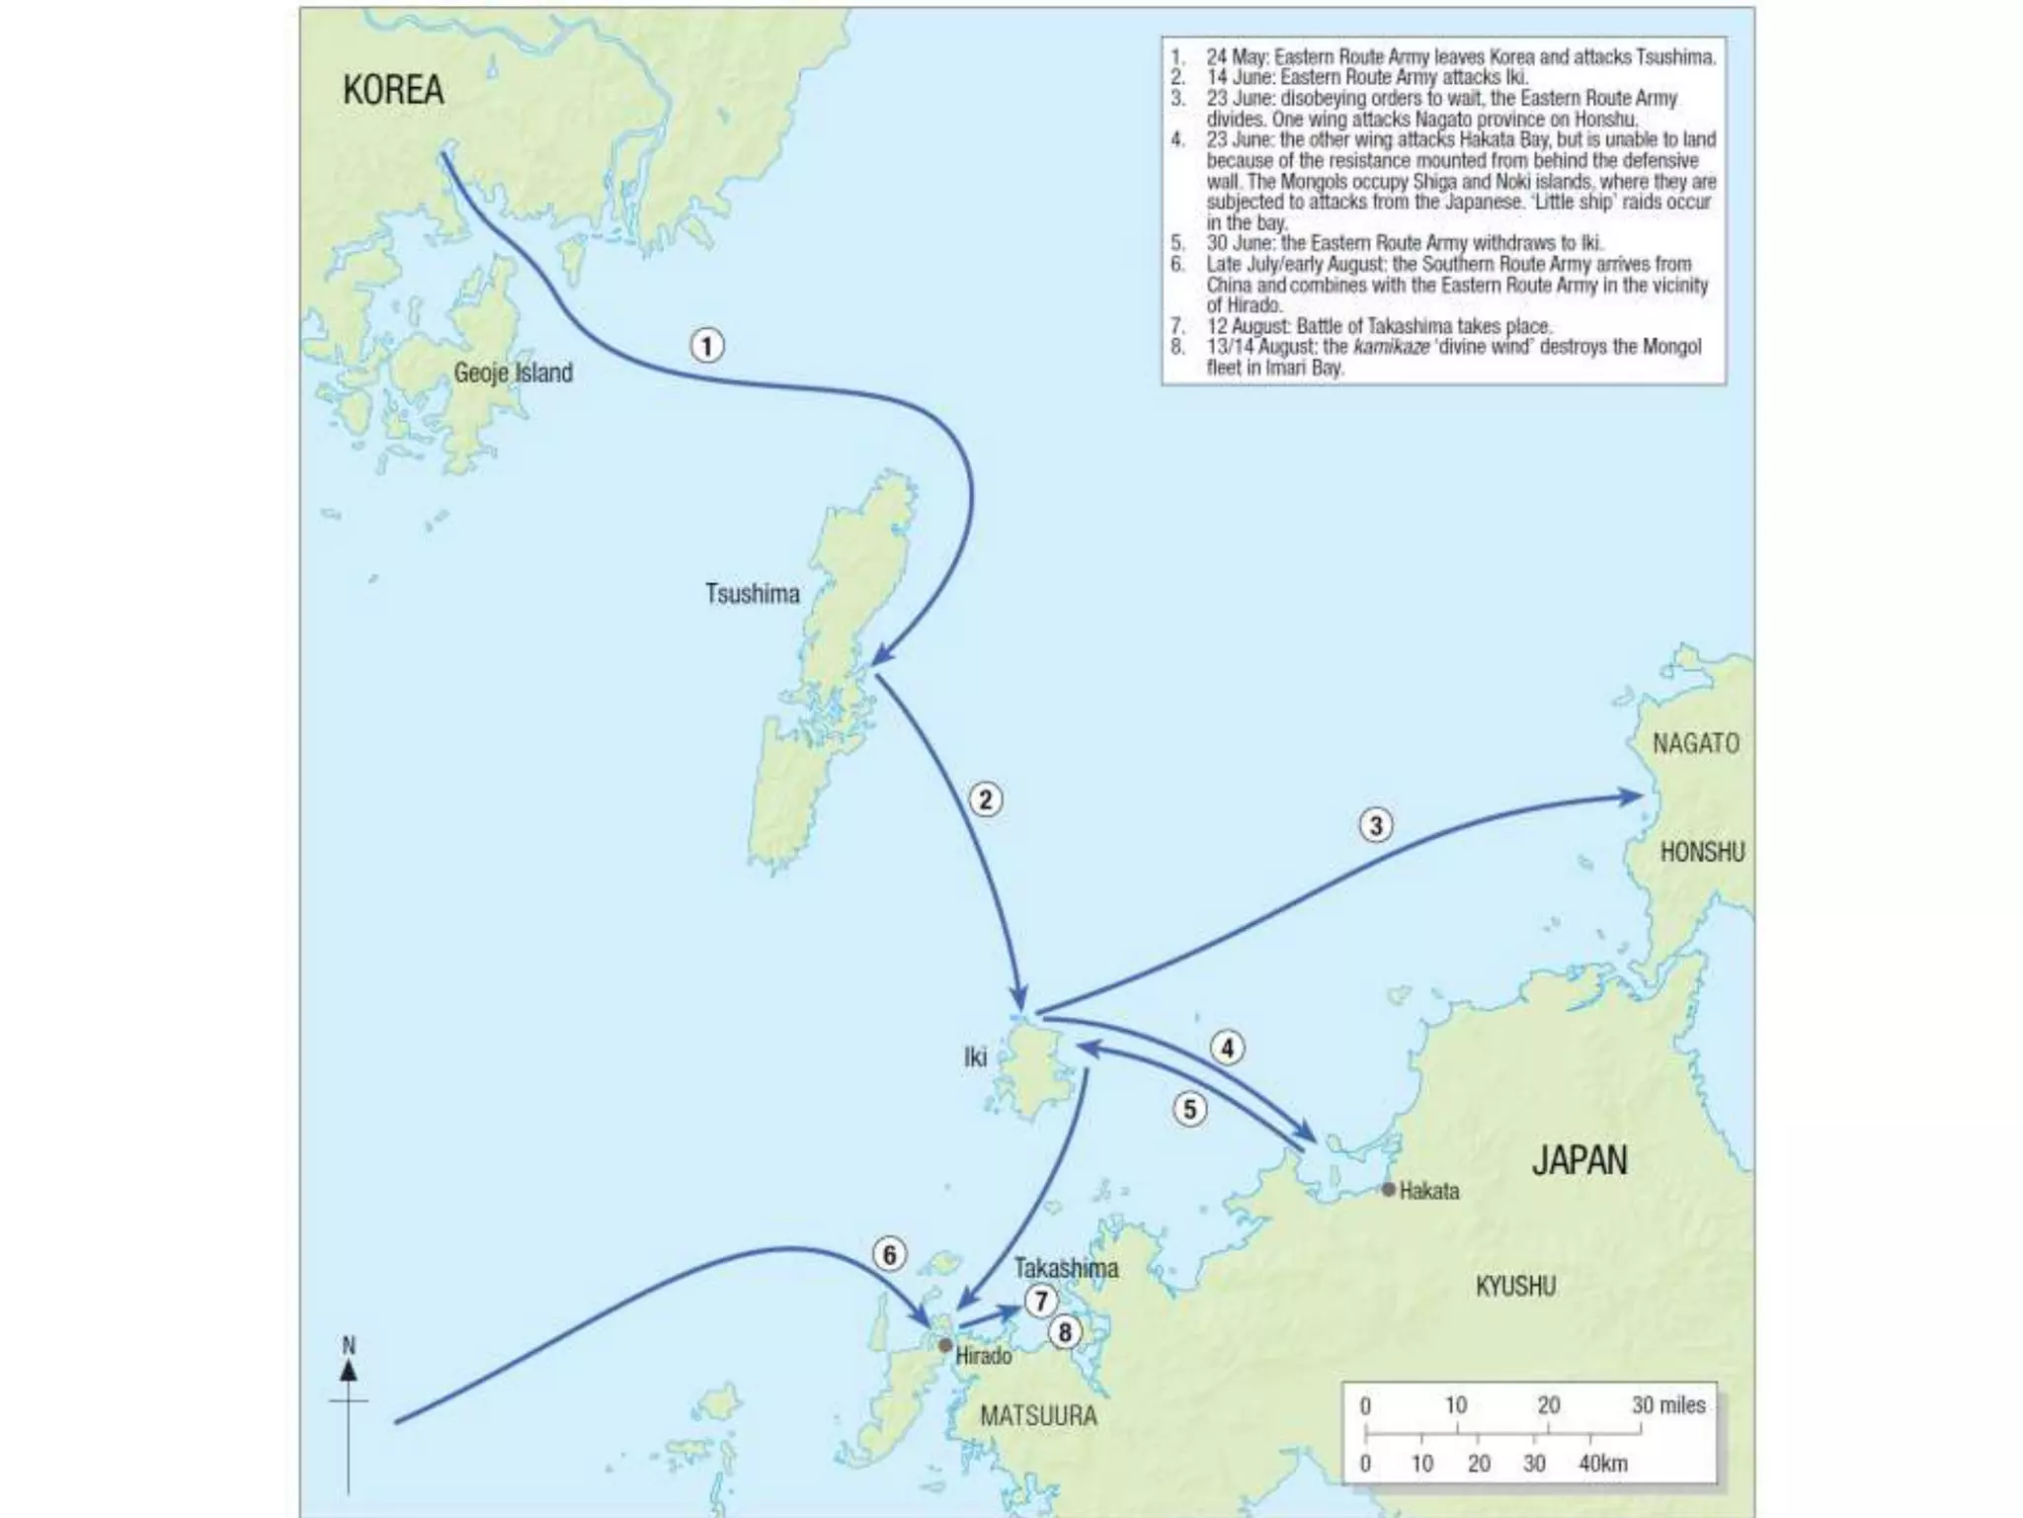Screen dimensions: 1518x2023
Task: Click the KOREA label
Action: (393, 90)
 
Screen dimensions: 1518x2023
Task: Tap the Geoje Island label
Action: (513, 373)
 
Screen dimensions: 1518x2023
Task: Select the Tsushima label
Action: (752, 593)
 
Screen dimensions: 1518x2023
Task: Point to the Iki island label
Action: (975, 1057)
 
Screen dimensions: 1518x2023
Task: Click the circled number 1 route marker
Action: (706, 346)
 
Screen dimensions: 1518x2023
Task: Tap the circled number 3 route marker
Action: (1376, 825)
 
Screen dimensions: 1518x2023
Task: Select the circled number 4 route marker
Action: (1227, 1049)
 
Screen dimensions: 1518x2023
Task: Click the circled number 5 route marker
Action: (1189, 1110)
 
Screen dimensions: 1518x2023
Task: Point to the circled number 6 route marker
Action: (889, 1255)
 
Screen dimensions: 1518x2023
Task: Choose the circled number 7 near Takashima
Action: (1040, 1302)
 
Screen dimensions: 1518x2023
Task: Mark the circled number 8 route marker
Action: (1065, 1333)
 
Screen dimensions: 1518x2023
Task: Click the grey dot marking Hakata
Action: (1388, 1190)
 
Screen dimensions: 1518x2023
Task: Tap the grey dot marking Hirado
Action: (945, 1346)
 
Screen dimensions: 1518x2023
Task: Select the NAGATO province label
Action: (1695, 743)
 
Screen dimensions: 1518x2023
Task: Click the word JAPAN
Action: (1578, 1160)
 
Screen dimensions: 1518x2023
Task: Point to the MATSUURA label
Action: (1038, 1416)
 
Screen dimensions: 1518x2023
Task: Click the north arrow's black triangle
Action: (349, 1370)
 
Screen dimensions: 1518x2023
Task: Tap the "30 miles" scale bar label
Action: (1668, 1404)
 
